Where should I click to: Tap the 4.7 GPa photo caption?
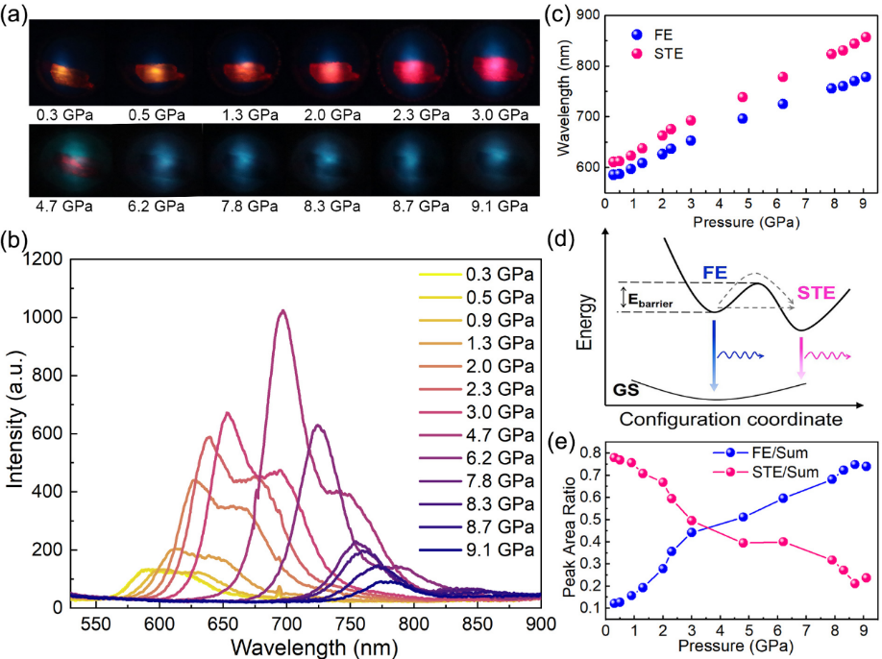click(x=64, y=206)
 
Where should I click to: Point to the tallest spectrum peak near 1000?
click(x=282, y=311)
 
